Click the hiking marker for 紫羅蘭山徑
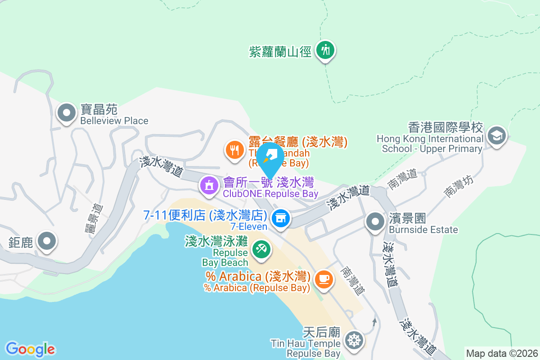point(325,50)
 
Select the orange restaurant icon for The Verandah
point(234,149)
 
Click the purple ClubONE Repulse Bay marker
point(209,185)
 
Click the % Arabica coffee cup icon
point(324,279)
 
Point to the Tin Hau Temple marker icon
point(354,339)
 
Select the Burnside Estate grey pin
point(375,221)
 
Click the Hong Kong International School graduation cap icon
point(497,135)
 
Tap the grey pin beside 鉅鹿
point(47,241)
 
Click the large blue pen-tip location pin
point(270,157)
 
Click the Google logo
point(30,349)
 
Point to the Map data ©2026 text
point(502,353)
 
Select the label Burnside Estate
point(423,230)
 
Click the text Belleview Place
point(114,121)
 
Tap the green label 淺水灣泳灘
point(216,242)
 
